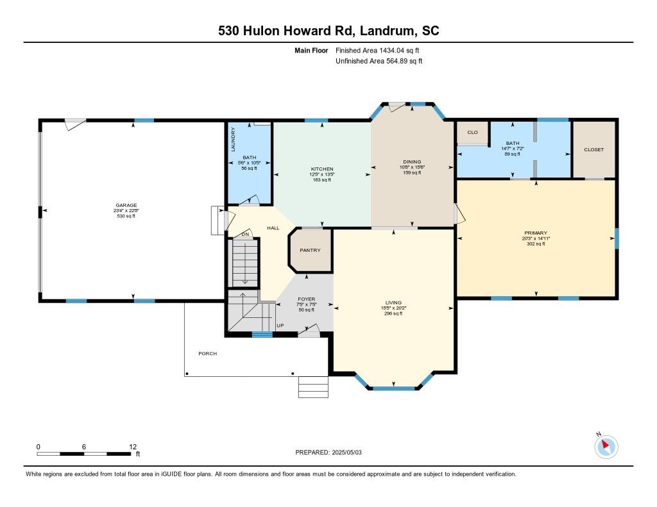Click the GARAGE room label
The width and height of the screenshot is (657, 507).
click(x=126, y=206)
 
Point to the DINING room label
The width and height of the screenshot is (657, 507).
click(x=411, y=162)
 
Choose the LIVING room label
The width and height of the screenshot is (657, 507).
click(x=393, y=303)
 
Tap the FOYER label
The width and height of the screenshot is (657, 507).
click(x=307, y=299)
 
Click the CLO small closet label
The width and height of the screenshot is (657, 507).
click(x=472, y=133)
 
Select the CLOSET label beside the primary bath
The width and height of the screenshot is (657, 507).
click(x=593, y=149)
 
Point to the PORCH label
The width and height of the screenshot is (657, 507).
click(x=207, y=353)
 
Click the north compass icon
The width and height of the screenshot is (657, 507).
click(x=606, y=446)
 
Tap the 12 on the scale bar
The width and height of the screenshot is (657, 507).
click(x=133, y=447)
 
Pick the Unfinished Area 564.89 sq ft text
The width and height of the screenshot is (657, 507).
click(x=379, y=61)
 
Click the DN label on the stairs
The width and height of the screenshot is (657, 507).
click(x=245, y=235)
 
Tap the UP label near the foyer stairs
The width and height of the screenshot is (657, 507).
click(x=280, y=326)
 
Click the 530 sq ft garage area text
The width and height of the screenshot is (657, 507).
click(x=126, y=217)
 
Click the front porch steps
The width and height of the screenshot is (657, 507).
click(x=313, y=386)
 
